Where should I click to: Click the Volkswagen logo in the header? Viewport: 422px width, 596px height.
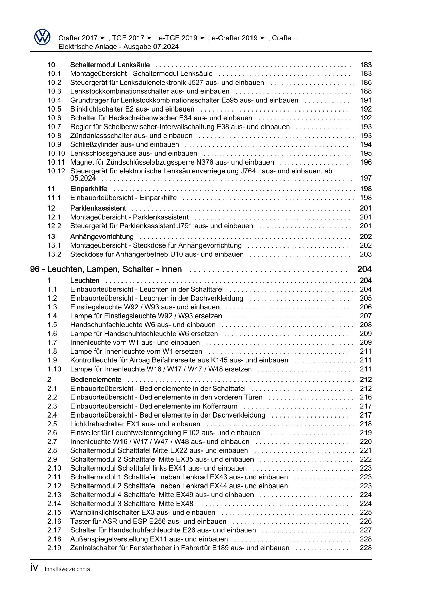[x=42, y=37]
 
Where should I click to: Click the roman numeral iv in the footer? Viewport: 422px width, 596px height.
[x=34, y=568]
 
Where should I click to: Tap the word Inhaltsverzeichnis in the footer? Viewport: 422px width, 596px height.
[x=67, y=569]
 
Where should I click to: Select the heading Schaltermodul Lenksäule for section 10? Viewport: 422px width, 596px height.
[x=110, y=65]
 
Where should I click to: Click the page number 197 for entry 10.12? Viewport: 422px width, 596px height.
[x=366, y=178]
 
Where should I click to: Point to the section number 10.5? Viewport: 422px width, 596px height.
[x=54, y=109]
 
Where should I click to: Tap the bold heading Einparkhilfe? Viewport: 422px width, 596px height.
[x=88, y=189]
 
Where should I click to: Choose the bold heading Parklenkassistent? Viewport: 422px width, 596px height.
[x=98, y=208]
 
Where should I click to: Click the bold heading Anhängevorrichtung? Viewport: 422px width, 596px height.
[x=102, y=237]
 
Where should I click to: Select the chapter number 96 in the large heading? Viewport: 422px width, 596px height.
[x=35, y=269]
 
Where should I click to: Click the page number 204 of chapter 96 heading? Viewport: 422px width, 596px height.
[x=364, y=269]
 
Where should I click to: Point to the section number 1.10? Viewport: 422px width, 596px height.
[x=54, y=369]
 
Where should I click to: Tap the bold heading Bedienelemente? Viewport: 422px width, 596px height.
[x=96, y=380]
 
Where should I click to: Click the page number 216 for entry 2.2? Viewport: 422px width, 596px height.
[x=366, y=397]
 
